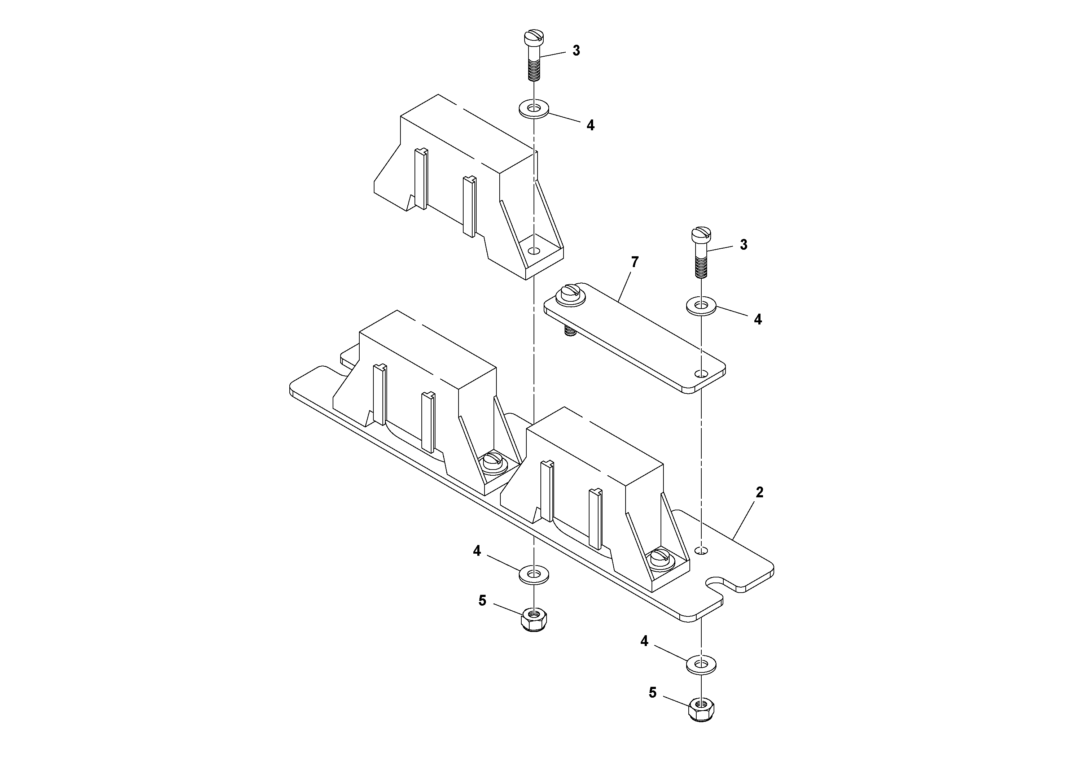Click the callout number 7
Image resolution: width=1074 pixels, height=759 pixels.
coord(634,262)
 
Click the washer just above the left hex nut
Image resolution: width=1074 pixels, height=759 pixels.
coord(534,575)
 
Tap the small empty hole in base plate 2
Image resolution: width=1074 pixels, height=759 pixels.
coord(701,550)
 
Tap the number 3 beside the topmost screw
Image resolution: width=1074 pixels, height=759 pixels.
coord(576,51)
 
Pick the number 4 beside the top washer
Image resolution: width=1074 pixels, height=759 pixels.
coord(590,125)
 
